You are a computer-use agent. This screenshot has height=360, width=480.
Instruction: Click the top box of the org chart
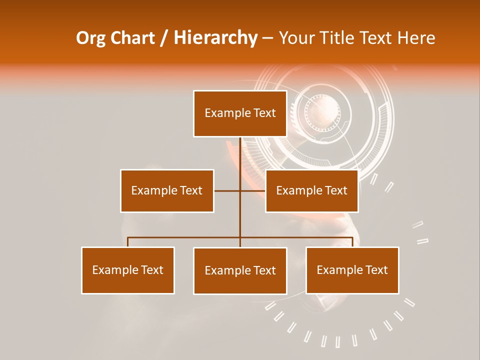240,113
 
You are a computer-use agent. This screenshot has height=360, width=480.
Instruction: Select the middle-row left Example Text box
167,190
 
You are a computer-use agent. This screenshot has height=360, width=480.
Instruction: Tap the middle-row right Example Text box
311,190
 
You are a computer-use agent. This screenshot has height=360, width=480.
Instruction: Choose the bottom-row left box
128,270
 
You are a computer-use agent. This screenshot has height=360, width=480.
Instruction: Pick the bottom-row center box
240,270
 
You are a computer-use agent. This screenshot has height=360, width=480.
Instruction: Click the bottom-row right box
352,270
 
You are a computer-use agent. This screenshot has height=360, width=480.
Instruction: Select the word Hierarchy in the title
215,38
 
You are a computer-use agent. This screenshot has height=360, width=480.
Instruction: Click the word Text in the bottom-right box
377,270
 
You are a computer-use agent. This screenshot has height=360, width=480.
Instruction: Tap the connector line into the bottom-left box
128,242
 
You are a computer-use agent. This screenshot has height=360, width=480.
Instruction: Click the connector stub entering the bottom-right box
352,242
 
